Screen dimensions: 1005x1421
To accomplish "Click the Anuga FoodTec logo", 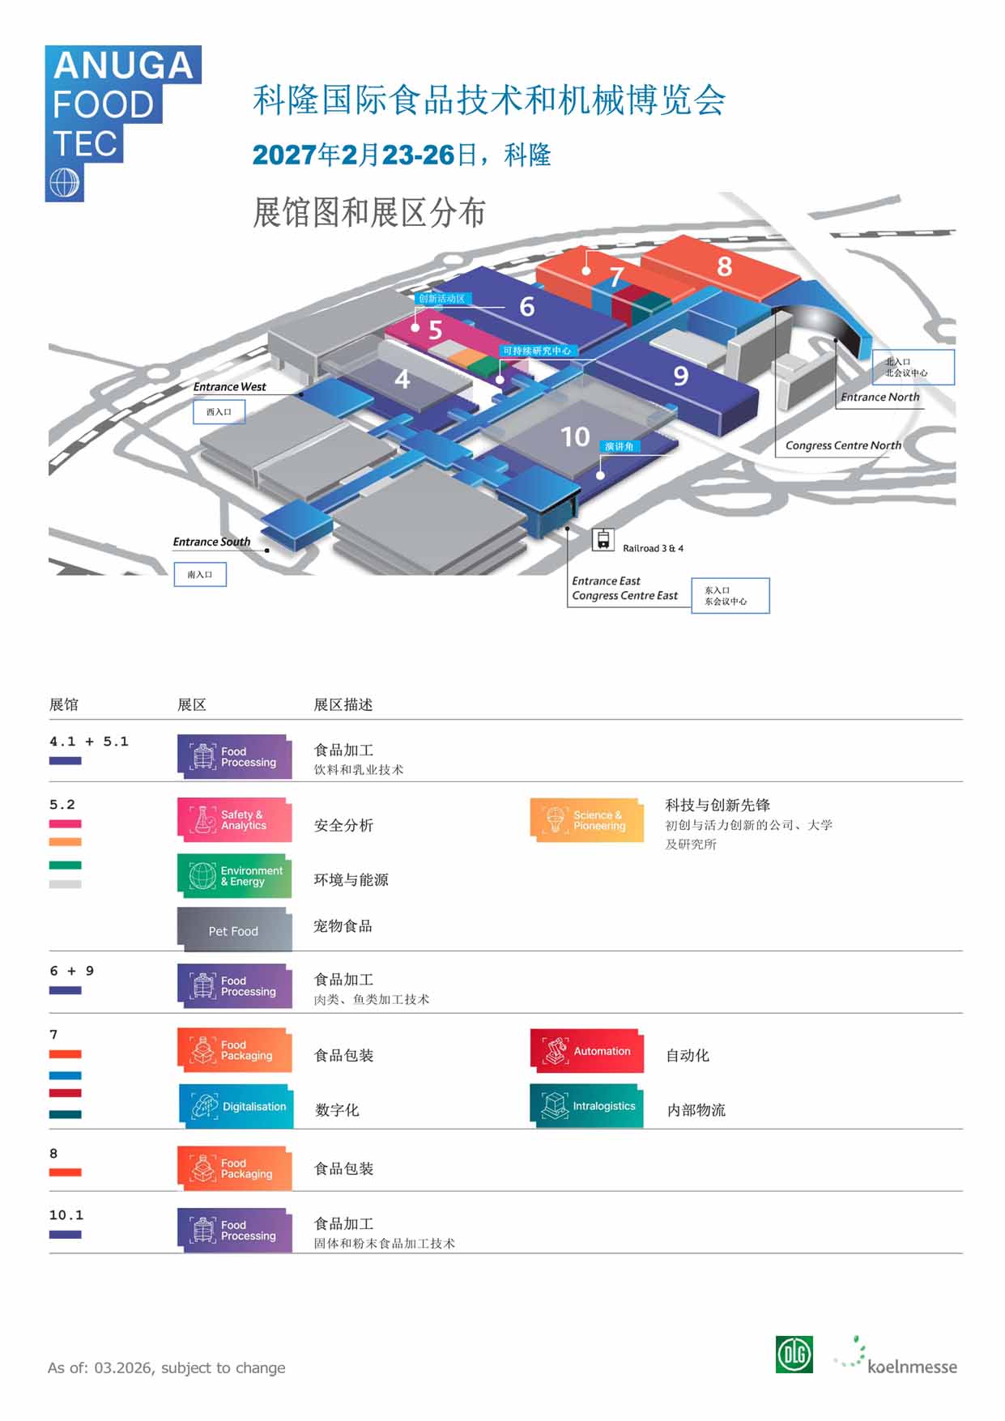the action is (x=123, y=123).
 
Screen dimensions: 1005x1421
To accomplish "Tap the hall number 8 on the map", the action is (x=725, y=266).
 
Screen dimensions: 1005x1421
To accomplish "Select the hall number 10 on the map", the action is (x=575, y=437).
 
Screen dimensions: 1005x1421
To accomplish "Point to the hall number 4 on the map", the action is (x=402, y=379).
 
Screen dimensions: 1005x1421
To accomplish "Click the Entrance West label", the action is (x=229, y=387).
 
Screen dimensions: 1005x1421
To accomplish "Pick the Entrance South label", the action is (x=211, y=542).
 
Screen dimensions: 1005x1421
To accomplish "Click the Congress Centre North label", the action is (x=843, y=445).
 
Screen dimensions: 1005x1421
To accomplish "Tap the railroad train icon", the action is (x=603, y=539).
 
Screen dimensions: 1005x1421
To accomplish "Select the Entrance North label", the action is (x=879, y=397).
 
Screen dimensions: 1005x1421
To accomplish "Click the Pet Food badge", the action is (x=235, y=930).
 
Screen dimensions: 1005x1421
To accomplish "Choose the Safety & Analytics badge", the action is (x=235, y=820).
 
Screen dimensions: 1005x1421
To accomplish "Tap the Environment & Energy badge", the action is (x=235, y=876).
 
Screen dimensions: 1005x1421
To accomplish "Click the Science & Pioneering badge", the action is (x=587, y=820).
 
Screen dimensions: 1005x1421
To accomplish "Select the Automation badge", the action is (x=587, y=1051).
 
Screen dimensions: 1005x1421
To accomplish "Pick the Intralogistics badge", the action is (x=587, y=1106).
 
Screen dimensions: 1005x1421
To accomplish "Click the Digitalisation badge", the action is (x=235, y=1106).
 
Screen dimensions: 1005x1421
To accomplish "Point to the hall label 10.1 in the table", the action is (x=66, y=1215).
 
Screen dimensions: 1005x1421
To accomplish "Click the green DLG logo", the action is (x=794, y=1354).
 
